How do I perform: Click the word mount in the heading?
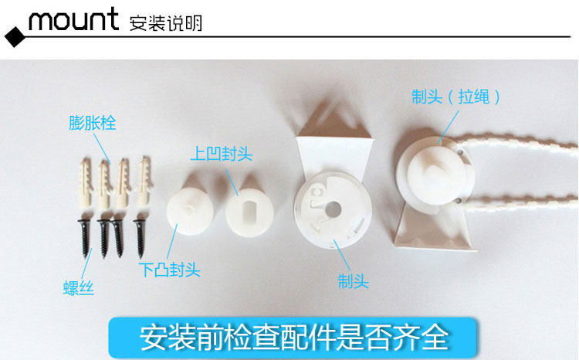coord(73,19)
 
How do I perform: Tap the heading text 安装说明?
coord(166,23)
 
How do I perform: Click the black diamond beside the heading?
coord(15,37)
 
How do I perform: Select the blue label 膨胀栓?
coord(93,123)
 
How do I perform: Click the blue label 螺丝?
coord(78,288)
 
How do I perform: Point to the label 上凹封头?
coord(222,154)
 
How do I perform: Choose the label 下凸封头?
coord(170,270)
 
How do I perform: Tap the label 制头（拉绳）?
coord(456,97)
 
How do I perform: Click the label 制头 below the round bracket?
coord(354,281)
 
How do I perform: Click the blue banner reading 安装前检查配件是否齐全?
coord(293,337)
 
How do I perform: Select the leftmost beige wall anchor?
coord(85,182)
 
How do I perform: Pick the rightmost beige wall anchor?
coord(144,181)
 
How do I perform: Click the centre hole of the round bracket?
coord(334,209)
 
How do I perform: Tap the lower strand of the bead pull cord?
coord(518,202)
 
